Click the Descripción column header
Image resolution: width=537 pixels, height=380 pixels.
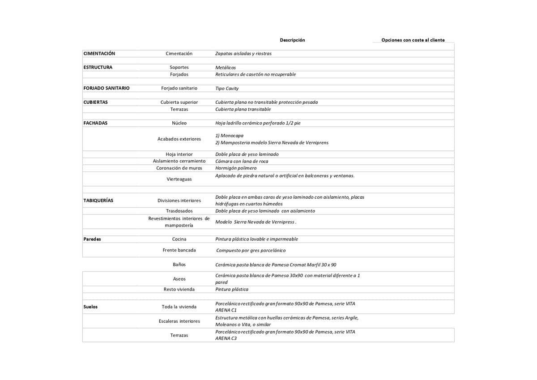pos(292,40)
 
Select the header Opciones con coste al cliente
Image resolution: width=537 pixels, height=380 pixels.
pos(413,40)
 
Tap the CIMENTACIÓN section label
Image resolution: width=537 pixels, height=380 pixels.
pos(99,54)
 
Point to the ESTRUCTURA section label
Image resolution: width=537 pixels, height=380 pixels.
pos(98,68)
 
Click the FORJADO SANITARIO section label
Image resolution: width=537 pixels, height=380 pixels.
pos(107,88)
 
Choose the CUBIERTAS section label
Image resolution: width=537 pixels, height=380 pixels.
pos(96,102)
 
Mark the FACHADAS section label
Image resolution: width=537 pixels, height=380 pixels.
pos(96,123)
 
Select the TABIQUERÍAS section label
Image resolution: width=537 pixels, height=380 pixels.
pos(98,201)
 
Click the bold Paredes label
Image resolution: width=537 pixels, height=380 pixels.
pos(92,239)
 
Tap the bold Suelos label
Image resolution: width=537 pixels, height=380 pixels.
pos(90,307)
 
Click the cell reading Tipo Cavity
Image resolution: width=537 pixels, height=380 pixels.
pos(227,89)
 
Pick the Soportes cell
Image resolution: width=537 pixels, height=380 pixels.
pos(179,68)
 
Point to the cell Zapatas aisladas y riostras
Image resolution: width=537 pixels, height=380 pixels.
pos(243,54)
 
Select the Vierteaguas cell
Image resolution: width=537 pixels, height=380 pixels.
pos(179,179)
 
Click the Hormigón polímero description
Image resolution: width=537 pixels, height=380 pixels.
pos(236,168)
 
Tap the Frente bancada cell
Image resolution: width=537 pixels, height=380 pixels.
pos(179,250)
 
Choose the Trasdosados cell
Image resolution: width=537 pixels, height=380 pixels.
pos(179,211)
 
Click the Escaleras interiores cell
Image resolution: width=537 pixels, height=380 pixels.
pos(179,321)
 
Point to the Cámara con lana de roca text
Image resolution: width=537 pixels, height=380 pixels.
pos(242,161)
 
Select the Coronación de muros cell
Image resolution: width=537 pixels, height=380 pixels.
pos(179,168)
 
